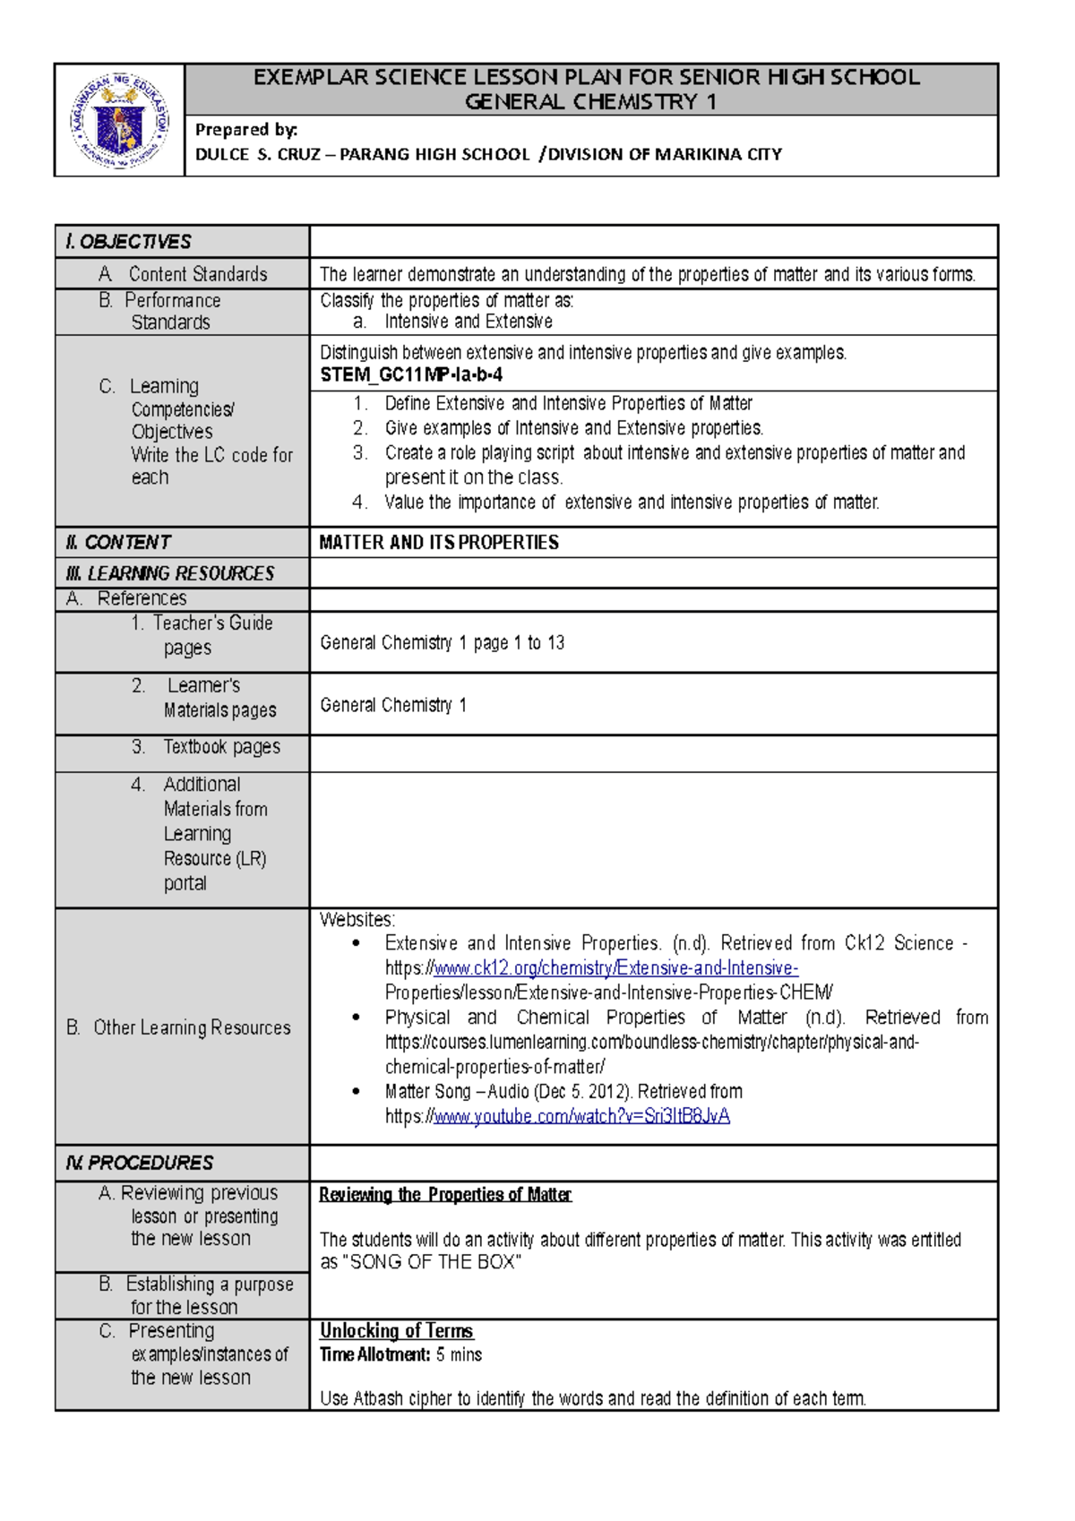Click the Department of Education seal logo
(x=119, y=121)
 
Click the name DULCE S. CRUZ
(x=258, y=154)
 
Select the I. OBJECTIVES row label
(x=128, y=242)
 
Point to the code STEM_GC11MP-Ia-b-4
(x=411, y=375)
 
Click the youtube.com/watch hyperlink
(x=581, y=1116)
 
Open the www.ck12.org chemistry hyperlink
(x=615, y=968)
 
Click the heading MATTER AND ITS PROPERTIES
(x=439, y=543)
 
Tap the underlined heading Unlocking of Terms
(x=396, y=1331)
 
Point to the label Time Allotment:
(x=374, y=1354)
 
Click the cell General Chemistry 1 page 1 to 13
(x=442, y=643)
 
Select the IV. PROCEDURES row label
(x=139, y=1163)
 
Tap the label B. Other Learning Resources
(x=178, y=1027)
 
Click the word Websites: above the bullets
(x=357, y=920)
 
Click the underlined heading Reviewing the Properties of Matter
(x=445, y=1195)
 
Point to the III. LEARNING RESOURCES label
(x=169, y=573)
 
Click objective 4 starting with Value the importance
(x=632, y=503)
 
